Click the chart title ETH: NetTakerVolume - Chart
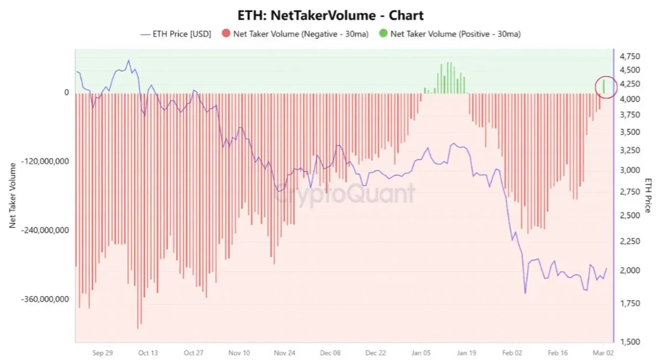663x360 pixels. (x=331, y=15)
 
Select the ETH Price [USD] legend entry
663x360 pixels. (x=176, y=34)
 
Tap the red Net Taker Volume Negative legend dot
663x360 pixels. (x=225, y=34)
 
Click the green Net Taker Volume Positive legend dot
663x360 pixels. (x=382, y=34)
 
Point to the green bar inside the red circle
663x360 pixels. (x=604, y=86)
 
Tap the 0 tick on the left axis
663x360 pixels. (x=66, y=93)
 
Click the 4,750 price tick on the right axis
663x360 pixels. (x=630, y=57)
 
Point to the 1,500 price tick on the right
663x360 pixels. (x=630, y=342)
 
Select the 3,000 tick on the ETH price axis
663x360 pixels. (x=630, y=170)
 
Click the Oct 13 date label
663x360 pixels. (x=148, y=352)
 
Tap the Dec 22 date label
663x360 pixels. (x=375, y=352)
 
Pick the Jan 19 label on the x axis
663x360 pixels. (x=466, y=352)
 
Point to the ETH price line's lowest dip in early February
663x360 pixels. (x=525, y=293)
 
